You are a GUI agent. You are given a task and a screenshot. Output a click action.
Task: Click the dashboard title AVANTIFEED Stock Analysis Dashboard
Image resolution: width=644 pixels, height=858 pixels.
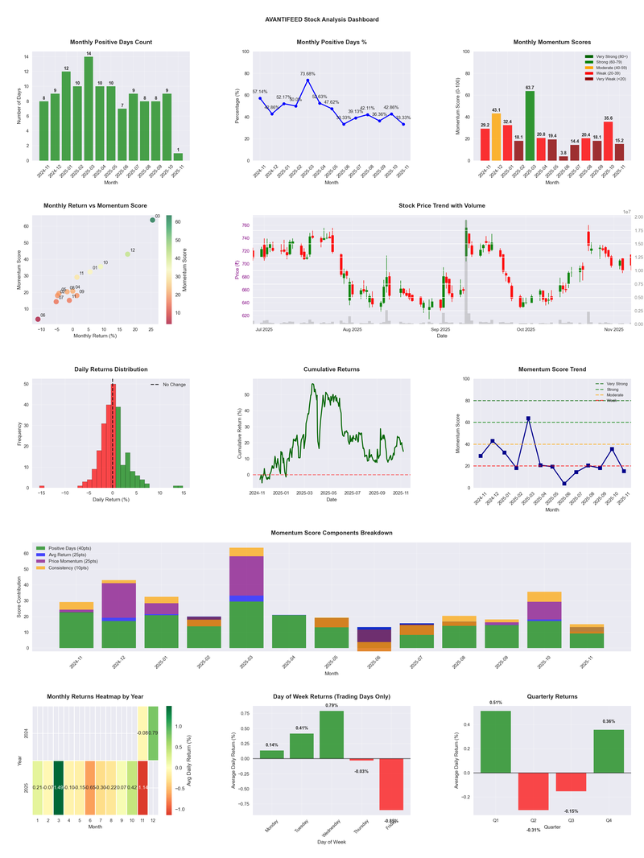[x=322, y=19]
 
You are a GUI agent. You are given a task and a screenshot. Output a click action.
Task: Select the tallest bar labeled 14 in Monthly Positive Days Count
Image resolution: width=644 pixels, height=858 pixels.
[x=89, y=109]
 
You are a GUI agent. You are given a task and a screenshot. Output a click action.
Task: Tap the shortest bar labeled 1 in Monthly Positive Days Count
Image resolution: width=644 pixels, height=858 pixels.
[x=178, y=156]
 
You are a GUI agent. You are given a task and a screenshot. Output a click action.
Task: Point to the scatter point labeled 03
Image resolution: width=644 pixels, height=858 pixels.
[x=152, y=221]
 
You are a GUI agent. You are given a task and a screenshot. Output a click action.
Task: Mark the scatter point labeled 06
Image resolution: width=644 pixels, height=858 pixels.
[x=37, y=320]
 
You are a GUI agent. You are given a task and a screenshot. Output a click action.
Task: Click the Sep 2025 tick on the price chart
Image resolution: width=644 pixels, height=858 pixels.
[x=440, y=330]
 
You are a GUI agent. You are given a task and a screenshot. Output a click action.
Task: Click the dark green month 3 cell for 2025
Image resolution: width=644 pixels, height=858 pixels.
[x=59, y=787]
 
